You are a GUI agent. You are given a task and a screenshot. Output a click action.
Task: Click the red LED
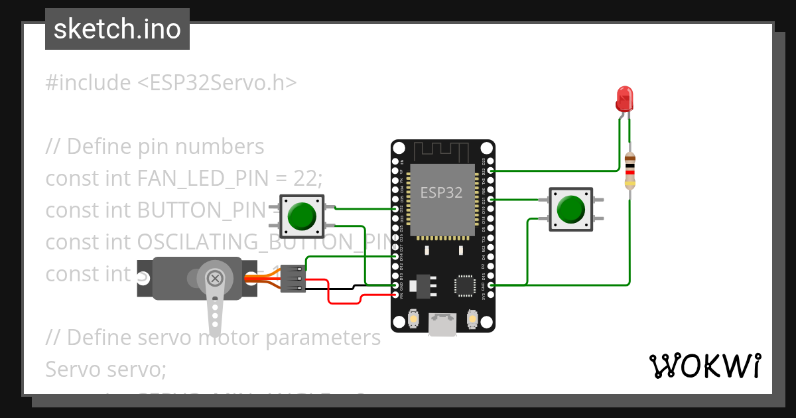tap(624, 99)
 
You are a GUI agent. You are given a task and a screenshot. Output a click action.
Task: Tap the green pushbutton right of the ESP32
tap(571, 209)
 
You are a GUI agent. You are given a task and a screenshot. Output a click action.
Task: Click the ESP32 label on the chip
tap(442, 192)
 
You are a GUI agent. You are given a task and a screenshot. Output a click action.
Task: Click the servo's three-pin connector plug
tap(293, 279)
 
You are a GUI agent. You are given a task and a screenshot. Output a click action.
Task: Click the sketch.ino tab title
tap(117, 29)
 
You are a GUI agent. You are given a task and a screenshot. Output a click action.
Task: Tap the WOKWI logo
tap(704, 366)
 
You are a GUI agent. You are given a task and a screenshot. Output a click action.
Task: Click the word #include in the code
tap(88, 83)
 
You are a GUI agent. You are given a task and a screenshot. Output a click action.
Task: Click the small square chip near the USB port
tap(464, 285)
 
